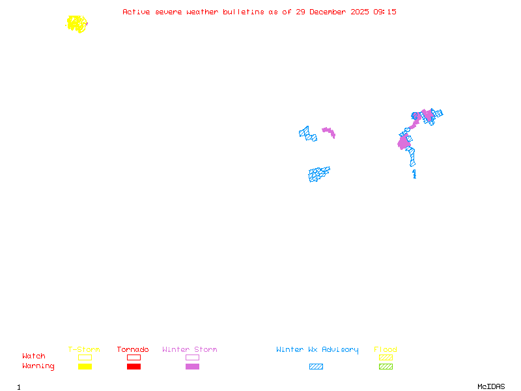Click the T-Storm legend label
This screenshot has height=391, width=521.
tap(84, 350)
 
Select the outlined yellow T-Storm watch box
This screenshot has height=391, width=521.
tap(85, 357)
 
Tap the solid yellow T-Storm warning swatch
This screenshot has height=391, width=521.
tap(85, 366)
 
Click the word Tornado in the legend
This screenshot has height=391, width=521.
tap(133, 350)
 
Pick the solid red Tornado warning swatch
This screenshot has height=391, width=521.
tap(134, 366)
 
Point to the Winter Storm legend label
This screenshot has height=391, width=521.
tap(190, 350)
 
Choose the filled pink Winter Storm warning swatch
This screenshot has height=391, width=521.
tap(192, 366)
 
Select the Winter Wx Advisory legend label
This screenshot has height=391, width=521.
tap(317, 350)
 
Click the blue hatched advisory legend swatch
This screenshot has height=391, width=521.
tap(316, 366)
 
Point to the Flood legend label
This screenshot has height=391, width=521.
tap(386, 350)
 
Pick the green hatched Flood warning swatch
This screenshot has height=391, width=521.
tap(386, 366)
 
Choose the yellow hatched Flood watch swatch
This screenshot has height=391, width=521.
tap(386, 357)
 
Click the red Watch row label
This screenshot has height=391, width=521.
tap(34, 356)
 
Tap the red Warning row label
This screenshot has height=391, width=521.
tap(38, 366)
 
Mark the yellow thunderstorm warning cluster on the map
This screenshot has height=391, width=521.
tap(77, 24)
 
